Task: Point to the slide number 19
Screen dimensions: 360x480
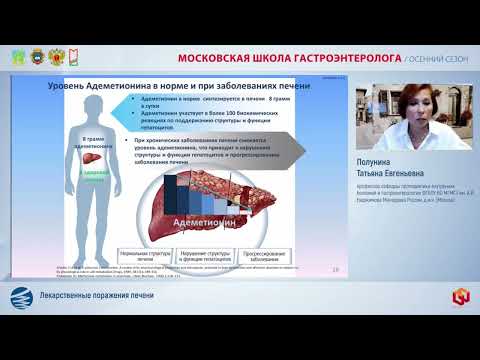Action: pos(333,269)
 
